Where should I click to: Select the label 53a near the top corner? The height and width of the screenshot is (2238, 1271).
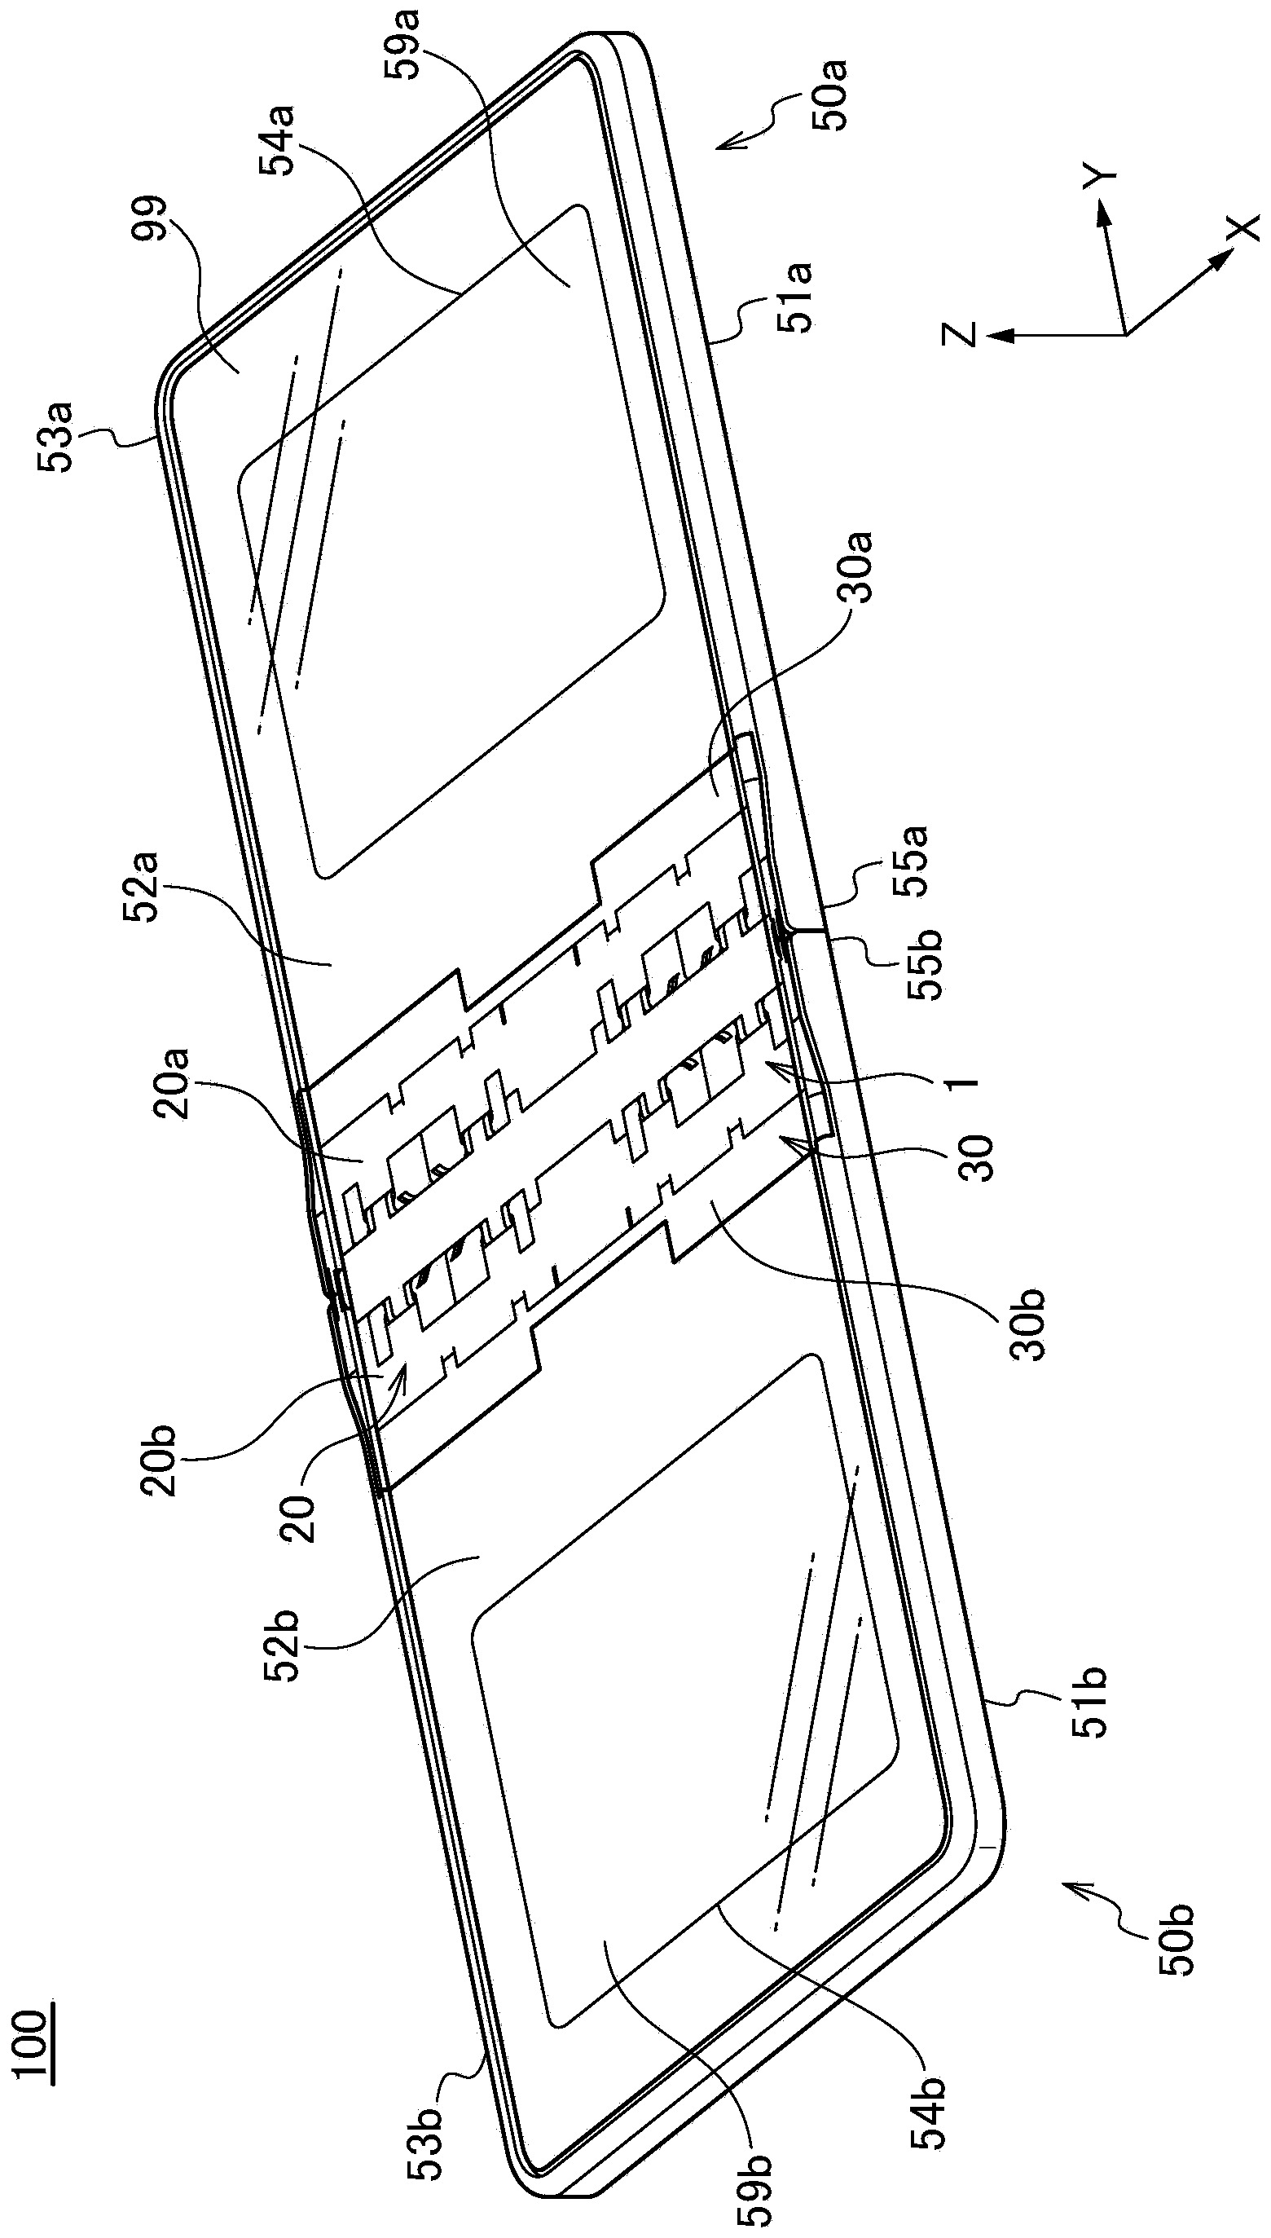point(56,437)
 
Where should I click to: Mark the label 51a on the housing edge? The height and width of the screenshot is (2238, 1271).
point(795,297)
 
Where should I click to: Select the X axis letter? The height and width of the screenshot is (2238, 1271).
point(1244,228)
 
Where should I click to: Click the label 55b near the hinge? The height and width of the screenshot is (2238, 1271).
point(927,963)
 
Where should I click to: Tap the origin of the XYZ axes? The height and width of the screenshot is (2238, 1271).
point(1124,333)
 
